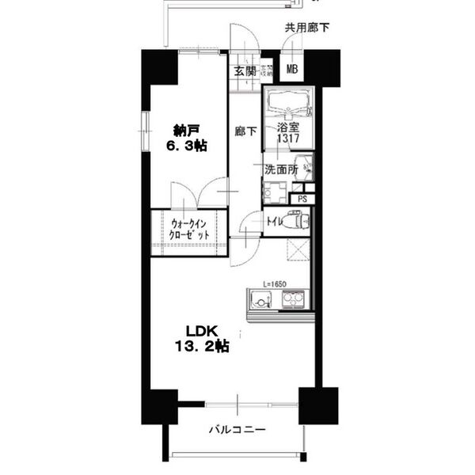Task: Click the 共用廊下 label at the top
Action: click(x=307, y=28)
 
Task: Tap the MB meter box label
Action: click(x=291, y=70)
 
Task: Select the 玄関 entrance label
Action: click(x=243, y=70)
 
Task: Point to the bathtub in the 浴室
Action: click(x=288, y=103)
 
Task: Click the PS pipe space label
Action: click(x=303, y=199)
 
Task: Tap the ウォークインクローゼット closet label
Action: click(x=189, y=229)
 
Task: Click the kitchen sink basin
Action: click(x=259, y=300)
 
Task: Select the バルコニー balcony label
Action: click(x=237, y=430)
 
